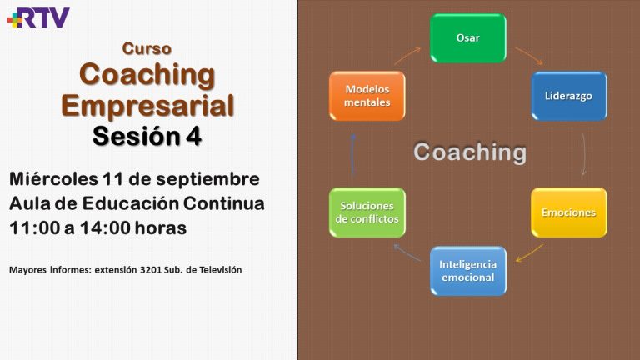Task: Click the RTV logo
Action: pos(38,17)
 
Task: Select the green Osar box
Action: pos(468,38)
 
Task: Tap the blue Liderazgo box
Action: pos(569,96)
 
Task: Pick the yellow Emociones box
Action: pos(569,212)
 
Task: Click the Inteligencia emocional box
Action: pos(468,271)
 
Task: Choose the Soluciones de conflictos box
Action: pos(367,212)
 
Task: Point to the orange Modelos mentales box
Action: pos(367,96)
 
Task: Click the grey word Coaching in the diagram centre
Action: pos(470,152)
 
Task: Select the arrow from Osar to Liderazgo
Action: pos(529,57)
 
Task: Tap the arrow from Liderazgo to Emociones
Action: pos(584,154)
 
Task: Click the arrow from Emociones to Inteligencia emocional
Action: pos(529,253)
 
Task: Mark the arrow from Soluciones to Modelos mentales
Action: pos(353,154)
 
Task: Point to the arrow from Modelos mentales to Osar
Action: pos(407,56)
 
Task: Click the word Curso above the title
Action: pos(147,48)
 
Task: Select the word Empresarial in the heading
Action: pos(147,106)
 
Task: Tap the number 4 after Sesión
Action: pos(194,137)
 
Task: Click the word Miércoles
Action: pos(53,179)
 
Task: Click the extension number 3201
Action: pos(151,270)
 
